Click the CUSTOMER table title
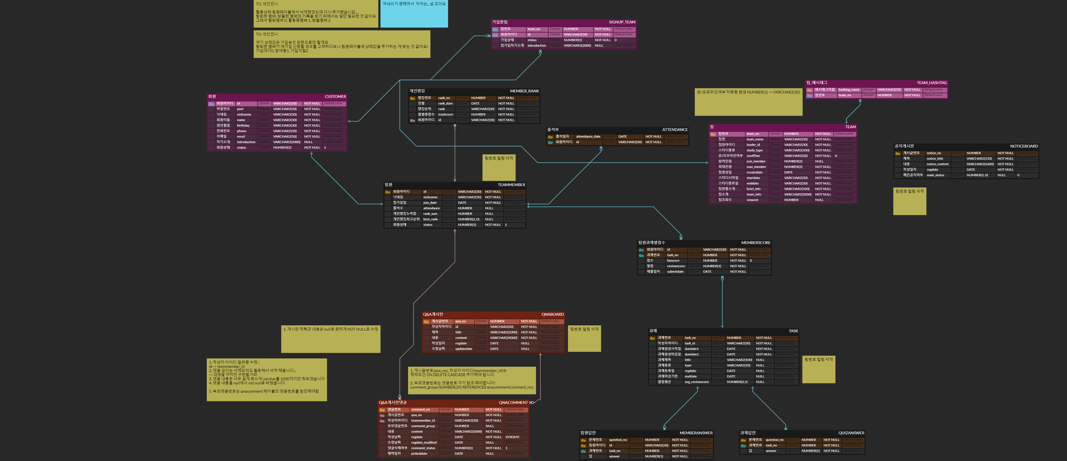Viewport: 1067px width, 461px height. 335,97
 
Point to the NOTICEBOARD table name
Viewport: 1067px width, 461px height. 1023,146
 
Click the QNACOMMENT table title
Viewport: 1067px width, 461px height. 513,403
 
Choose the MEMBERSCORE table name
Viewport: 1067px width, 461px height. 755,243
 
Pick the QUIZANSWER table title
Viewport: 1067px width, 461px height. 851,433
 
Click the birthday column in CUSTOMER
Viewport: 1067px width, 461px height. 243,125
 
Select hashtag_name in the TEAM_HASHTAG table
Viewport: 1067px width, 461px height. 849,90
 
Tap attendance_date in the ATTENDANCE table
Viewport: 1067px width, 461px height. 588,137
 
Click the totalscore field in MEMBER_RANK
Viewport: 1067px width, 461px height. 445,115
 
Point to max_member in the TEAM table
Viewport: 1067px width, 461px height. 756,167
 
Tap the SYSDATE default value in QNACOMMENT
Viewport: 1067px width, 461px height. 512,437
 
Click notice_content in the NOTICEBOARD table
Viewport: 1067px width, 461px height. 937,164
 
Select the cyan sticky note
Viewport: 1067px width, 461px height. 414,14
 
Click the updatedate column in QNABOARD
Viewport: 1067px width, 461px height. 463,349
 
